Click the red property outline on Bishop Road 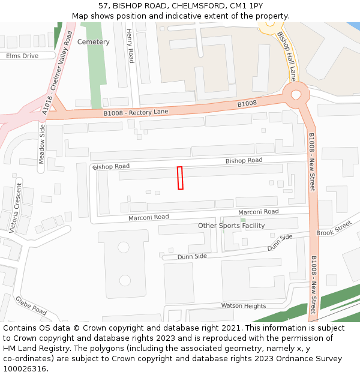180,178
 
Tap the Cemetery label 94,42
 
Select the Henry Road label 130,47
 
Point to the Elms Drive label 22,56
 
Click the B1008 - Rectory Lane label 136,112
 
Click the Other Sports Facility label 231,226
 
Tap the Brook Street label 334,229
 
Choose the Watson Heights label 243,306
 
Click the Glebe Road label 31,306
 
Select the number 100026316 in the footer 24,368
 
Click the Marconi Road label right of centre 258,212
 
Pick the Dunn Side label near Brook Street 280,242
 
